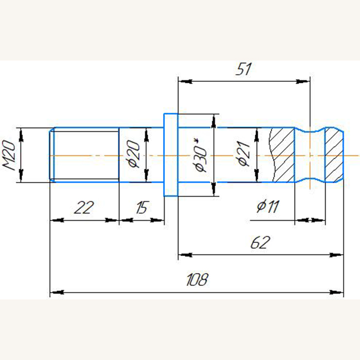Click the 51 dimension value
point(243,68)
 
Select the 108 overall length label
point(197,280)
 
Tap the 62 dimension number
point(260,242)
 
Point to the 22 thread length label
point(84,207)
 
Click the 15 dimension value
point(142,207)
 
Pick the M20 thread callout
point(9,155)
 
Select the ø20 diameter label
point(133,154)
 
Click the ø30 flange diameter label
point(200,155)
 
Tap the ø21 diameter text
point(243,153)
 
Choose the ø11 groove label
point(268,206)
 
